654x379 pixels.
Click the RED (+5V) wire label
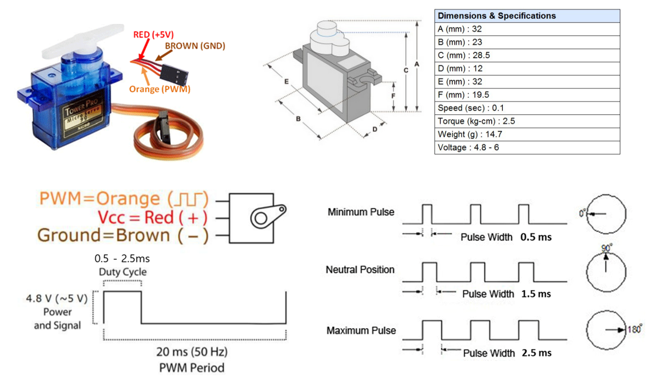(153, 35)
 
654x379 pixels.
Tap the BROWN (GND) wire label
(195, 46)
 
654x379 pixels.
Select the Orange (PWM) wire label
(160, 89)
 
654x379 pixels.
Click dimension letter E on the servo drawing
(286, 82)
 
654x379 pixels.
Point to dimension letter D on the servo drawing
(375, 129)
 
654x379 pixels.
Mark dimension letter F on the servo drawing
(393, 96)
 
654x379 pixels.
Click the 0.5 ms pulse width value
(536, 237)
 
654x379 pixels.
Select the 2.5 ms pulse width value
(537, 353)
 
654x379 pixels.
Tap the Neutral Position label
(360, 270)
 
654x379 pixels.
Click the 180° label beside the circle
(634, 329)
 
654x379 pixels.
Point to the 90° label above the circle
(606, 248)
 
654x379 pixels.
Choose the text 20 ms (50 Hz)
(192, 352)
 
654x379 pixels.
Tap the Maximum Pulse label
(361, 331)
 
